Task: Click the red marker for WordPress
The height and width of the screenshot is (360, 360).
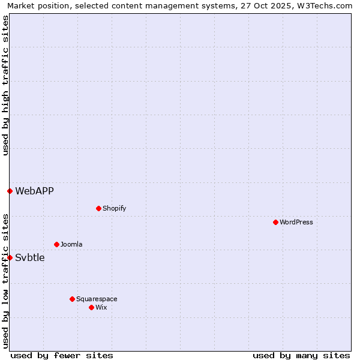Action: point(275,222)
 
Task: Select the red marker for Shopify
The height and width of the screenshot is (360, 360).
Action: point(98,208)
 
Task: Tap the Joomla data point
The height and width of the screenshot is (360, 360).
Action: point(56,244)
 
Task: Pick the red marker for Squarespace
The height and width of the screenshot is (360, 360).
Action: point(72,299)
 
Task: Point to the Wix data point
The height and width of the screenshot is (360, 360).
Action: point(91,307)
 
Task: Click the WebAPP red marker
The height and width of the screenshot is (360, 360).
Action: point(10,191)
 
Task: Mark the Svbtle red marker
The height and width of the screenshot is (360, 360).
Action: point(10,257)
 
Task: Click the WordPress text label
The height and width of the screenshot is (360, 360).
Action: point(296,222)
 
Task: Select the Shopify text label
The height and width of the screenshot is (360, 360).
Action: point(115,208)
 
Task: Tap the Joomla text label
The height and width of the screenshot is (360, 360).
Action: point(71,244)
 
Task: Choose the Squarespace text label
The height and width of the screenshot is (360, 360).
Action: point(97,299)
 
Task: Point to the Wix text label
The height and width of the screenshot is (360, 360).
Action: point(101,307)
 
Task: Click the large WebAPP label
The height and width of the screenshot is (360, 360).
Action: point(34,191)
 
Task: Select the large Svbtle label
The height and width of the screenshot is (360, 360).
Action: point(30,257)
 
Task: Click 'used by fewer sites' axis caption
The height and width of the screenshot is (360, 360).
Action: point(62,355)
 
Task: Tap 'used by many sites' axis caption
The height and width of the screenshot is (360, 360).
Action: point(301,355)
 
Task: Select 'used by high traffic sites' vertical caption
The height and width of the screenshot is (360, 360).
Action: point(5,85)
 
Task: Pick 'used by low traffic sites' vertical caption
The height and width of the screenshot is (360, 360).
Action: point(5,281)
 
